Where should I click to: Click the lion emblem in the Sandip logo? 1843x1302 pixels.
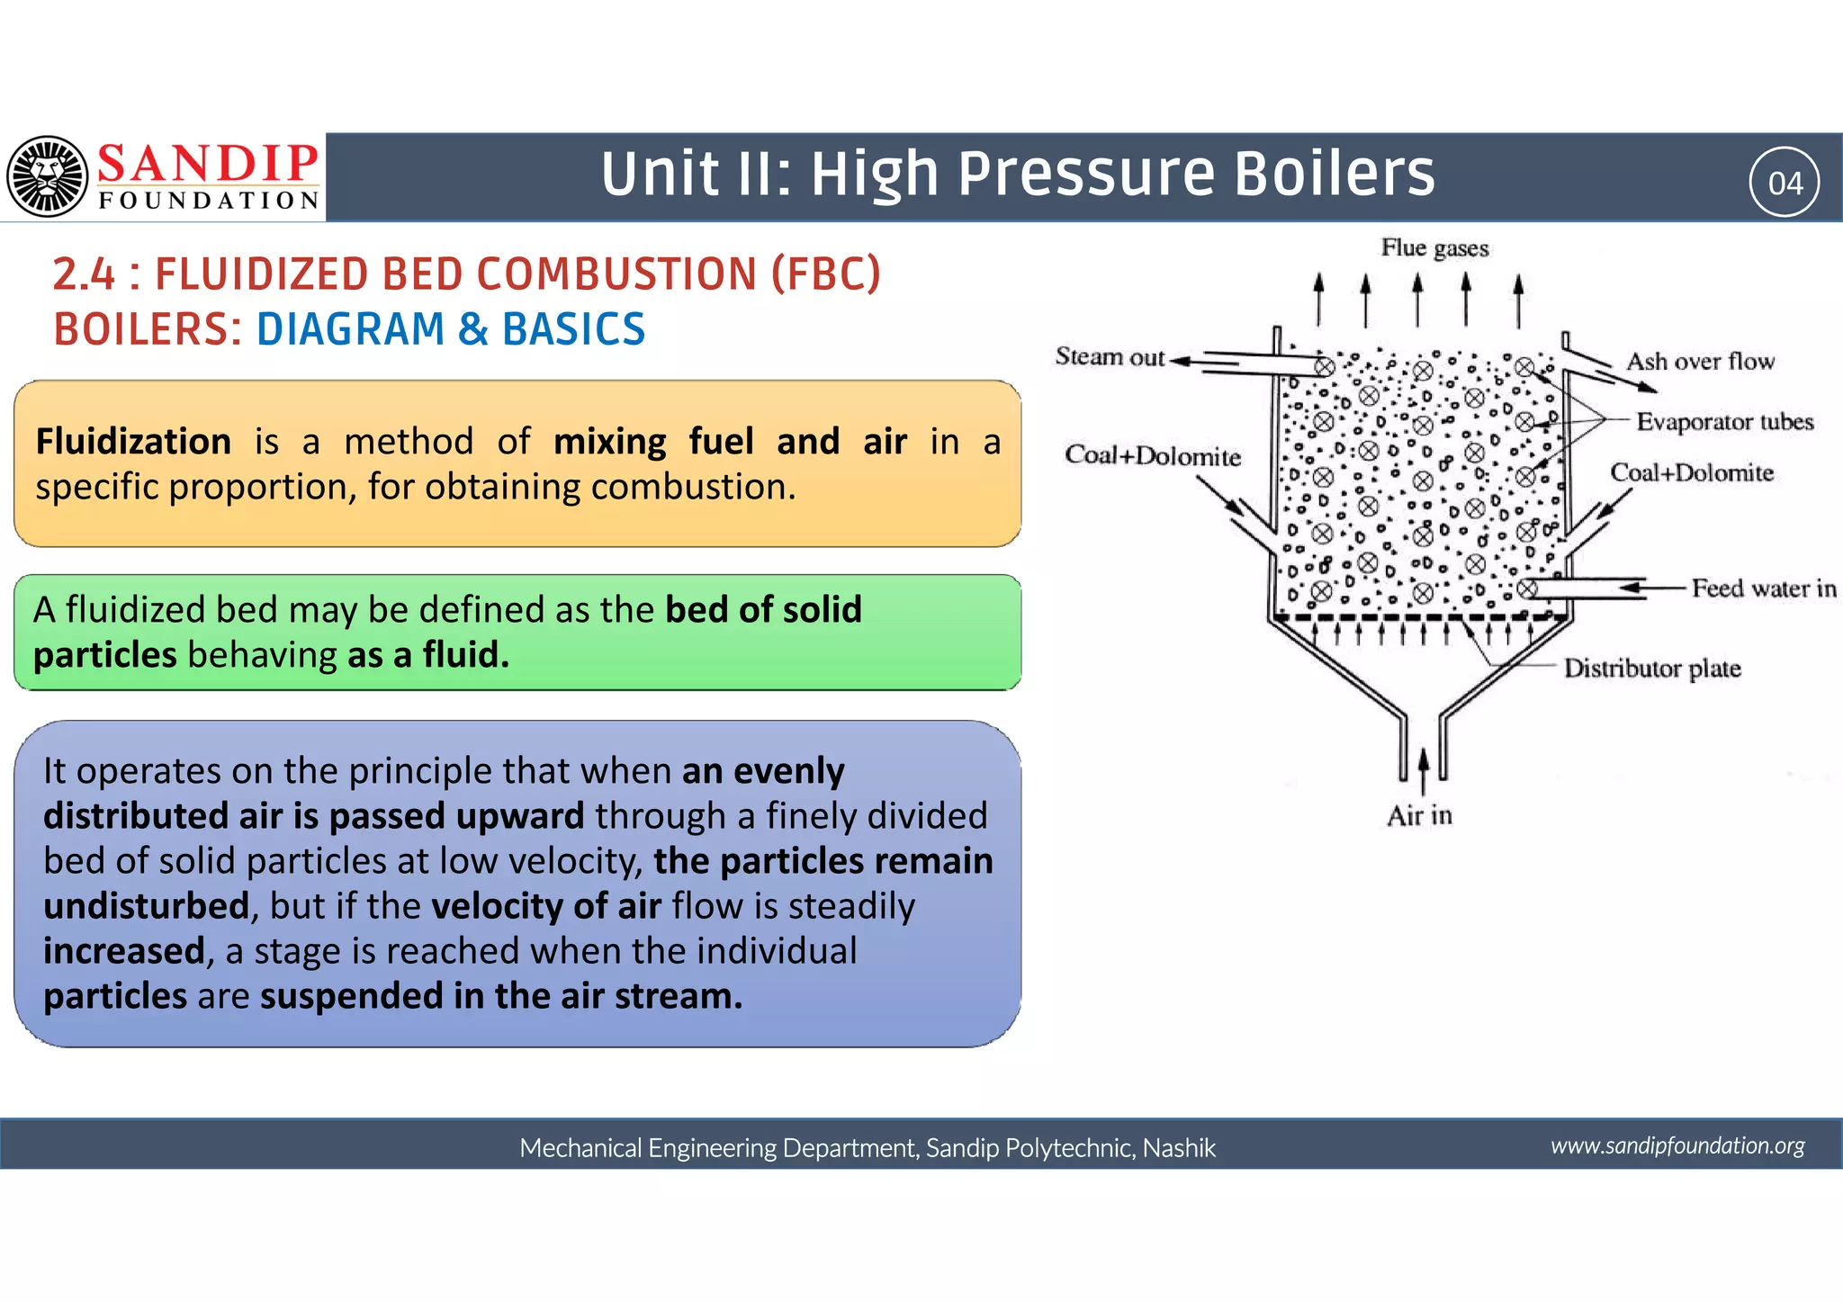[x=48, y=176]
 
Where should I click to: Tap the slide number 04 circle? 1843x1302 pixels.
[x=1785, y=183]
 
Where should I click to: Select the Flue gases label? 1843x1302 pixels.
[x=1434, y=247]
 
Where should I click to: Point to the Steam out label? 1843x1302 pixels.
[x=1110, y=357]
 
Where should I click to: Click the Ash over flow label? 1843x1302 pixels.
[x=1700, y=362]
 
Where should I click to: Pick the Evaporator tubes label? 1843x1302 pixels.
[x=1724, y=422]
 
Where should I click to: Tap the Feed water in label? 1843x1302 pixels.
[x=1763, y=588]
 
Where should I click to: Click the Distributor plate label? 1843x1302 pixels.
[x=1651, y=669]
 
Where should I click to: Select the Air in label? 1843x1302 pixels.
[x=1419, y=816]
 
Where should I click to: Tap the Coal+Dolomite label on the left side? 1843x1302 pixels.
[x=1152, y=456]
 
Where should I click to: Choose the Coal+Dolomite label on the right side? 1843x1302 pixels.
[x=1691, y=473]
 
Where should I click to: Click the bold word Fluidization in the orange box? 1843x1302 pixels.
[x=133, y=442]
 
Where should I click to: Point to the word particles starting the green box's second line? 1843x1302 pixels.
[x=104, y=655]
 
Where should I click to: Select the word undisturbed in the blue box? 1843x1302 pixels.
[x=146, y=906]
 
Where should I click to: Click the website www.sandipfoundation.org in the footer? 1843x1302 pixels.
[x=1677, y=1145]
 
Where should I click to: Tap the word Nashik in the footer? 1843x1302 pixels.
[x=1179, y=1148]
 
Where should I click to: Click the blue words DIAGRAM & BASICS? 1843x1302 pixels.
[x=451, y=329]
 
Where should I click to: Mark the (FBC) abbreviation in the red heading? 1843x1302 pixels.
[x=825, y=274]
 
